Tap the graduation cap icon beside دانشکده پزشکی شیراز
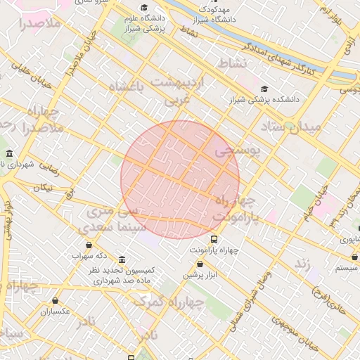click(264, 89)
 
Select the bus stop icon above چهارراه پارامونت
click(214, 239)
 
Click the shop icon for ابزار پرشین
click(200, 264)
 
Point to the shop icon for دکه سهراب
click(89, 245)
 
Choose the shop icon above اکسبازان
click(55, 300)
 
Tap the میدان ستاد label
click(290, 127)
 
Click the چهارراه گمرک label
click(168, 302)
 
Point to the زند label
click(302, 263)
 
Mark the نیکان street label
click(42, 187)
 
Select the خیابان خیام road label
click(314, 203)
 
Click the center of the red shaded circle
click(180, 180)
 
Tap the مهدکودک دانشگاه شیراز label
click(214, 15)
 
